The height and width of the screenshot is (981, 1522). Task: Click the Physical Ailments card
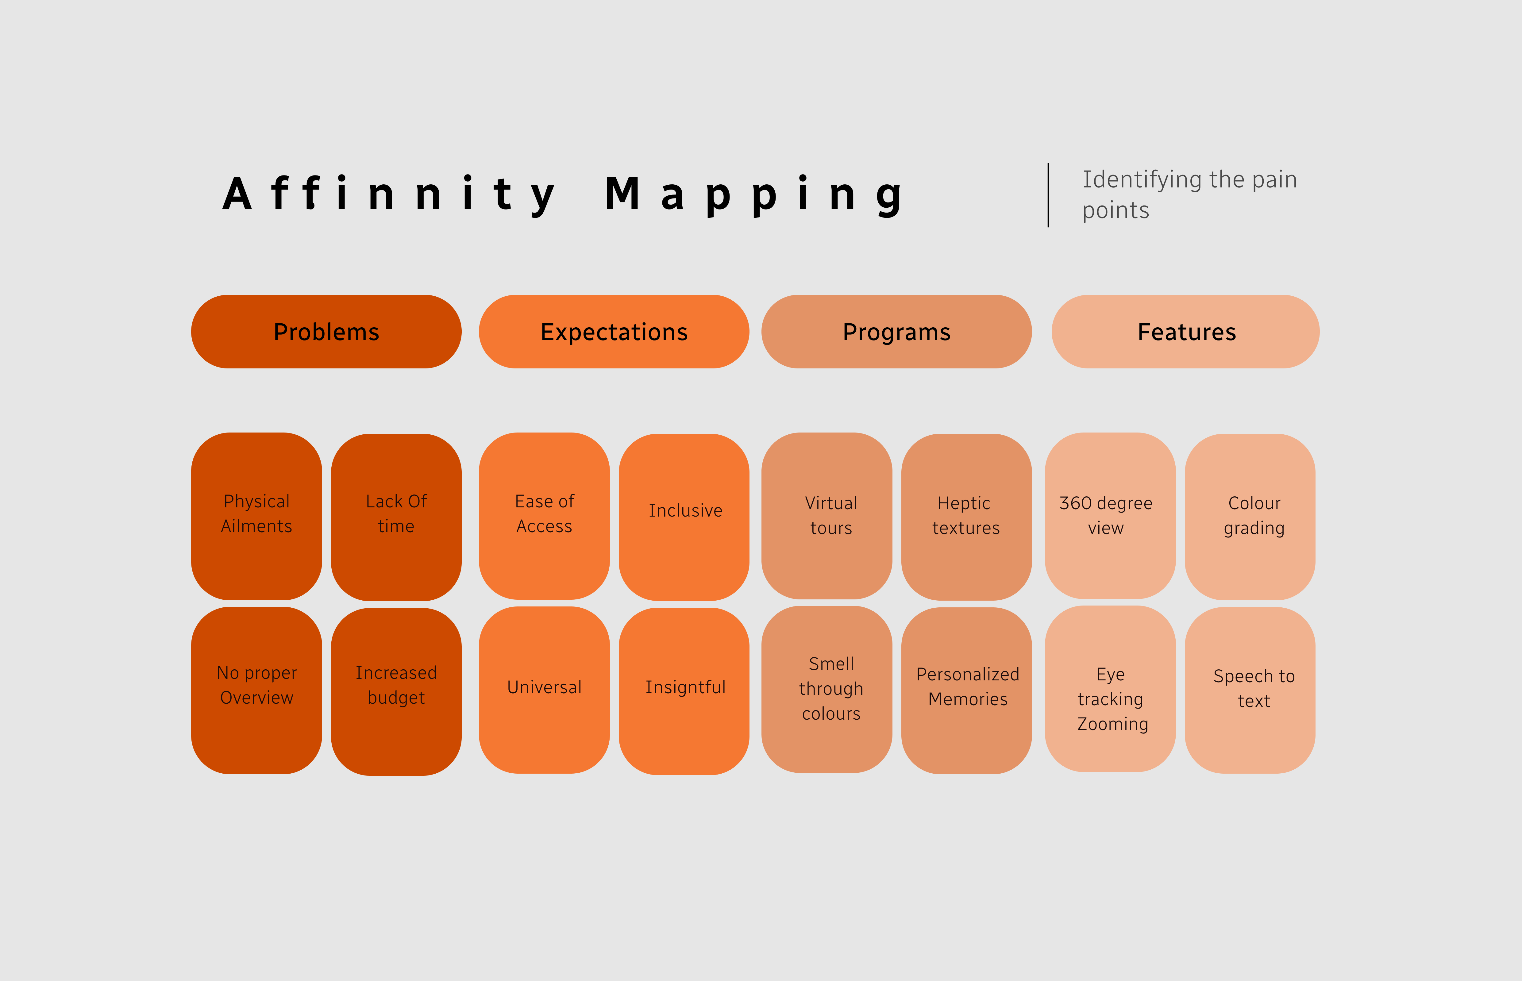(257, 516)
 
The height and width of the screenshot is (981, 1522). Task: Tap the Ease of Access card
(544, 516)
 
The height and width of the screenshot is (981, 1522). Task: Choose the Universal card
(544, 690)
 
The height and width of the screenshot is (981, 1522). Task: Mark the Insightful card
(684, 691)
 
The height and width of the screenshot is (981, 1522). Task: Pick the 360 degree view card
(1110, 515)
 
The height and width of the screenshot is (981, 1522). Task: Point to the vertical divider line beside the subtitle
(1048, 195)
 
